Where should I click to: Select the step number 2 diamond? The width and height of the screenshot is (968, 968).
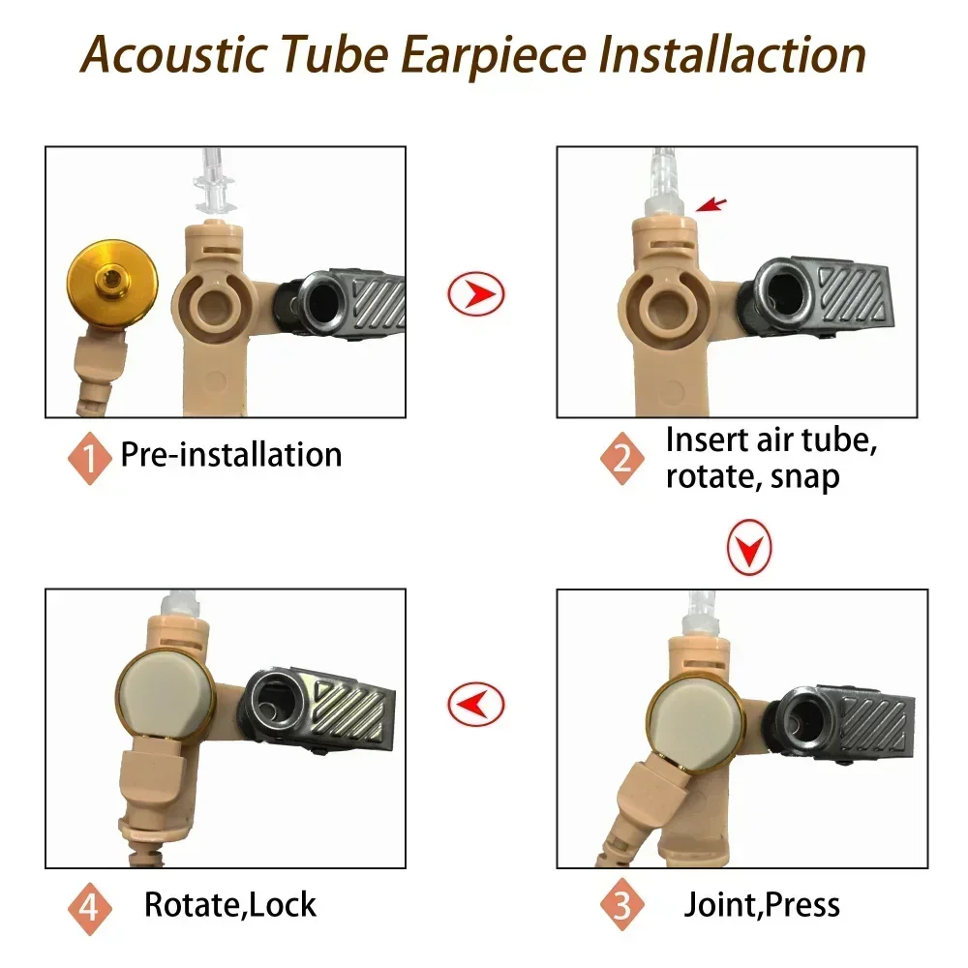[622, 456]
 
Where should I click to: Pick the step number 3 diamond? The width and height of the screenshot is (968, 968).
[621, 906]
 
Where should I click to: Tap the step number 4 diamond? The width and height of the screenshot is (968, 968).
[90, 908]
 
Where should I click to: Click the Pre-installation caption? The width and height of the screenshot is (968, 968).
[231, 455]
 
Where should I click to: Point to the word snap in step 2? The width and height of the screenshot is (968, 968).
[801, 476]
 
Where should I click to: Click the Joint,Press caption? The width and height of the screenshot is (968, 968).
[762, 905]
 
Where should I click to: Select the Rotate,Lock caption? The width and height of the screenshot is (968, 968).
[230, 905]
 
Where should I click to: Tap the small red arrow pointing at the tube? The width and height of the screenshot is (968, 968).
[711, 204]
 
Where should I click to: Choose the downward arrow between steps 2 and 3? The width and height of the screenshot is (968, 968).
[749, 549]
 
